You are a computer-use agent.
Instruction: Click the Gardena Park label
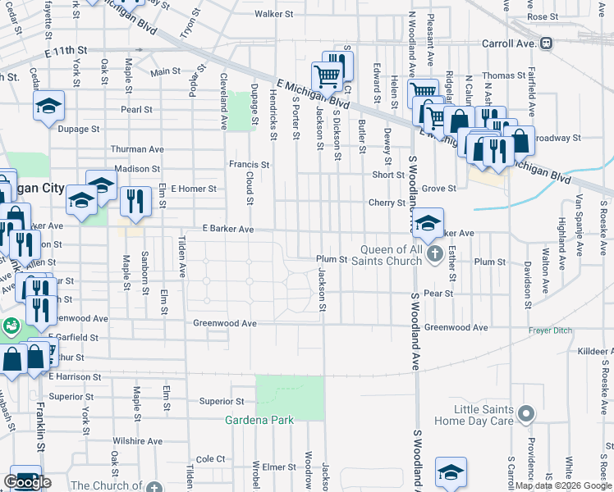click(x=259, y=421)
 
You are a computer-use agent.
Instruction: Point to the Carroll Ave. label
click(x=509, y=43)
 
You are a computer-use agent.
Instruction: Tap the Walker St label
click(x=273, y=14)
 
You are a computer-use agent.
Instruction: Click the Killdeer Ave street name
click(x=594, y=351)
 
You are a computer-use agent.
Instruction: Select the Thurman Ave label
click(x=138, y=149)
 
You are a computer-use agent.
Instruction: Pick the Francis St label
click(x=249, y=164)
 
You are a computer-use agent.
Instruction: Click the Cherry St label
click(x=387, y=203)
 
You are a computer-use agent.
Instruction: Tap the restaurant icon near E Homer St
click(x=133, y=200)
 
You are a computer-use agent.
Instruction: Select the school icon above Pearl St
click(x=49, y=106)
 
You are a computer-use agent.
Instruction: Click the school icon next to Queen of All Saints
click(x=428, y=222)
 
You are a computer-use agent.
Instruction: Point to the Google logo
click(x=27, y=482)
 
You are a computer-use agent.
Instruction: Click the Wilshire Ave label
click(x=138, y=441)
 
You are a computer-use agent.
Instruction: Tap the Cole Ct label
click(x=210, y=459)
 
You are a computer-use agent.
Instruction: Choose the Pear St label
click(x=439, y=293)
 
